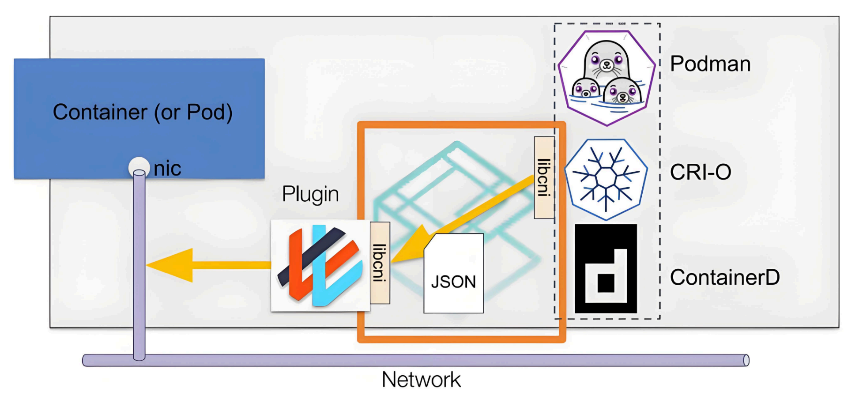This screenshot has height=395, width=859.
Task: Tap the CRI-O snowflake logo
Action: [x=606, y=179]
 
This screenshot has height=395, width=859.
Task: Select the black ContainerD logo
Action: [x=606, y=268]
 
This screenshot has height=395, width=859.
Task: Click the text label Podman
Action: [x=710, y=64]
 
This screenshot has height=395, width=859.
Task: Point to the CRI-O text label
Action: [x=701, y=172]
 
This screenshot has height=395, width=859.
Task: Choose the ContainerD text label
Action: [x=725, y=277]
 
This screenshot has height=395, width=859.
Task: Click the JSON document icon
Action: [x=453, y=273]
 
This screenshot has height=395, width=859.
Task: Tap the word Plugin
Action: [x=310, y=195]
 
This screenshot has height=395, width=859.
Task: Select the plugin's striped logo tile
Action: [x=320, y=265]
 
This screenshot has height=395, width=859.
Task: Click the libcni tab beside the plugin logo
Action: [x=380, y=263]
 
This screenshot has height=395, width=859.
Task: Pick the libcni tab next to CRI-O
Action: [x=544, y=177]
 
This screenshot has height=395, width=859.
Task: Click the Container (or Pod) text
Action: [x=143, y=112]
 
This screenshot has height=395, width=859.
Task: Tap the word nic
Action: [x=167, y=169]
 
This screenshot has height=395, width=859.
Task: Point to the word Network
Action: [x=421, y=379]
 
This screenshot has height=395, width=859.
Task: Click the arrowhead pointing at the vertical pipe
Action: [x=170, y=265]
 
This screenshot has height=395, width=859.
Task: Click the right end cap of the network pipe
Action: [x=746, y=361]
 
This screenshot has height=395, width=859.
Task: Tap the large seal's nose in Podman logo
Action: [x=607, y=64]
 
